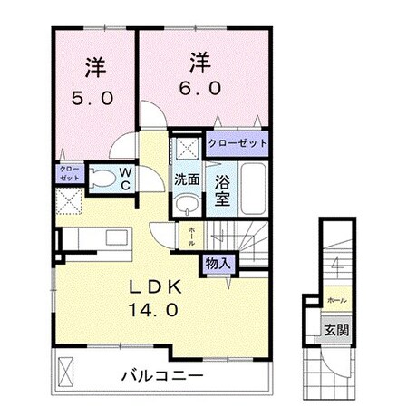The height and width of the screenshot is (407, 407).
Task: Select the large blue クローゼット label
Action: [237, 143]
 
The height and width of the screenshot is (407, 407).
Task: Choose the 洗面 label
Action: [187, 179]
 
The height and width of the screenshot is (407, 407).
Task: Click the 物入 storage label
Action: [218, 263]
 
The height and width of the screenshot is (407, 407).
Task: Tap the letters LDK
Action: [156, 286]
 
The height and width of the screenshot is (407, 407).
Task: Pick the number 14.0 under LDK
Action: [156, 309]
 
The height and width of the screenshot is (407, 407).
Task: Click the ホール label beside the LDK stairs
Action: [192, 237]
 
